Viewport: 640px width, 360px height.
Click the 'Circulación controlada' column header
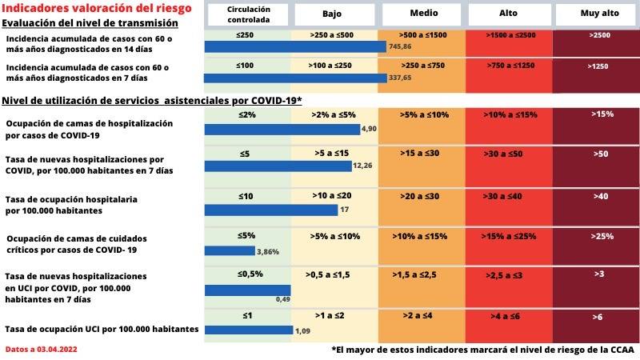(x=247, y=14)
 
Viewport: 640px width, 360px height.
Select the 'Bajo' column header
(x=334, y=14)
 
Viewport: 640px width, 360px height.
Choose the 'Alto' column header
(x=510, y=14)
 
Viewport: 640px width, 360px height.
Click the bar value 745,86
(x=400, y=47)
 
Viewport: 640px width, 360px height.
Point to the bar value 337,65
(x=400, y=78)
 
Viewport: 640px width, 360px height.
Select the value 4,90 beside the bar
(x=369, y=129)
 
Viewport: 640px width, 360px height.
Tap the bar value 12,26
(x=362, y=166)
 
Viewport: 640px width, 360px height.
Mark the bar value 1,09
(x=303, y=330)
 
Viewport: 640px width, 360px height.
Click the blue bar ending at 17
(x=271, y=210)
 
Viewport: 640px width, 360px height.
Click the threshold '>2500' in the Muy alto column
(x=597, y=35)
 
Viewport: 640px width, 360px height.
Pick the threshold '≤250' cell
(x=245, y=35)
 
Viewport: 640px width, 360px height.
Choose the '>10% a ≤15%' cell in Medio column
(x=422, y=236)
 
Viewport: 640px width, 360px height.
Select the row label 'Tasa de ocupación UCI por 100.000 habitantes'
(x=101, y=329)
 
